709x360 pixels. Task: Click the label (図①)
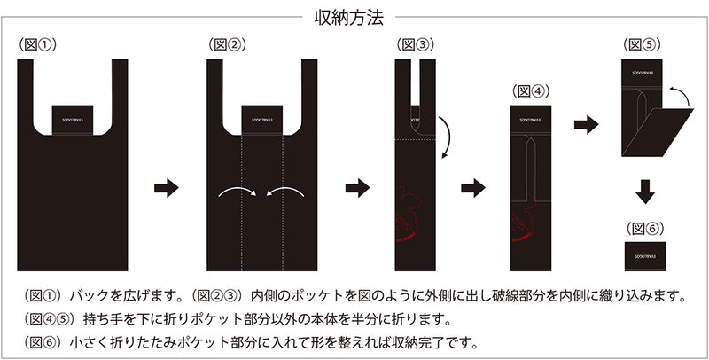coord(39,43)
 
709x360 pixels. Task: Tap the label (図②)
coord(228,43)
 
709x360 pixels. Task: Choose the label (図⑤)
coord(643,43)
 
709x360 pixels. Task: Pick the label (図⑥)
coord(644,228)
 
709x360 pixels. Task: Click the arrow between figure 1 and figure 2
coord(167,188)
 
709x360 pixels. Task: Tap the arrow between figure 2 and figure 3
coord(357,188)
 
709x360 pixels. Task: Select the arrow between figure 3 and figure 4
coord(474,188)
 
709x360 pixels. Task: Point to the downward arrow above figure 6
coord(646,192)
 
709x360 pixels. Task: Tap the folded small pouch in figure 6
coord(644,254)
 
